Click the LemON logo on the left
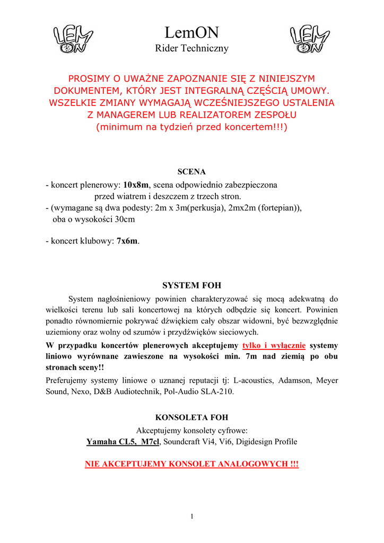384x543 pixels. tap(73, 40)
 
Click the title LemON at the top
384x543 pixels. tap(191, 33)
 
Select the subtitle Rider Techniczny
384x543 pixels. tap(191, 49)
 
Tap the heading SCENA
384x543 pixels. tap(191, 172)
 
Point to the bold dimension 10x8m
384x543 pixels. tap(136, 185)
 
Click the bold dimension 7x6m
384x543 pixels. tap(127, 241)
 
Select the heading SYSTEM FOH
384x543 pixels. tap(191, 285)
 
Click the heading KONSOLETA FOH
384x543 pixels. tap(191, 417)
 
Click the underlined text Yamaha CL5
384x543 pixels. tap(111, 442)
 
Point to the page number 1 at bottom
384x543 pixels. tap(191, 517)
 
